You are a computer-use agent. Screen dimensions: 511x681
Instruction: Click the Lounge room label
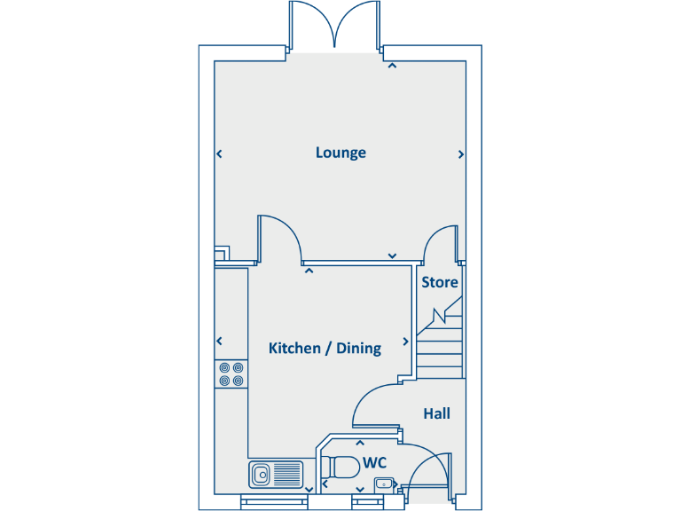[340, 153]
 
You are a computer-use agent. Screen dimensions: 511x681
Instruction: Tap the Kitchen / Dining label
[325, 348]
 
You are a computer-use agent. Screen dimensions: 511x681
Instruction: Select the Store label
[440, 282]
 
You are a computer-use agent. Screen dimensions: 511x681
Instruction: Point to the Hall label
[436, 413]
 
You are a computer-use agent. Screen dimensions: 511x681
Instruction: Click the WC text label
[375, 463]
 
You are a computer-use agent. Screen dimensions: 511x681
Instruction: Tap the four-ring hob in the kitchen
[231, 373]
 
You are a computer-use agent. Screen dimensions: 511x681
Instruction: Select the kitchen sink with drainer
[276, 475]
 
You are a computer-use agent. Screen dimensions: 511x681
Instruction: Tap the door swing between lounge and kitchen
[282, 238]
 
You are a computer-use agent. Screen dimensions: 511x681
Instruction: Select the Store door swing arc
[439, 243]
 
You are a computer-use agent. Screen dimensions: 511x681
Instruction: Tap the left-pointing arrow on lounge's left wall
[219, 154]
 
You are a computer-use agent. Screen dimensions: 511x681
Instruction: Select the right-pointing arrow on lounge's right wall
[461, 154]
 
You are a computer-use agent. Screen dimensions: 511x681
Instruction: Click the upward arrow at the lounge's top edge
[391, 65]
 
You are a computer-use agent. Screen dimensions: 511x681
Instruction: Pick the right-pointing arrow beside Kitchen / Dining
[406, 342]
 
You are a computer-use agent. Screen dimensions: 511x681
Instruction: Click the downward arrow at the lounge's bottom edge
[392, 256]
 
